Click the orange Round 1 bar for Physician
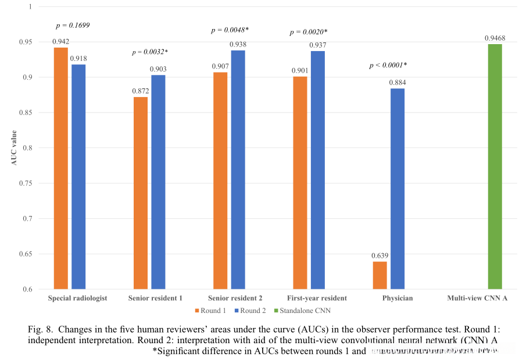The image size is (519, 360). [x=380, y=275]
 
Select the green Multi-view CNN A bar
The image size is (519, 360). [x=495, y=167]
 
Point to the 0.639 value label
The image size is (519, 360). [x=380, y=255]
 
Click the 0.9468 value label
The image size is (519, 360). [x=495, y=38]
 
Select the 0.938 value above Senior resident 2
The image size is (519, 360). [x=238, y=45]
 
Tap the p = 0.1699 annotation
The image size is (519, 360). [x=73, y=26]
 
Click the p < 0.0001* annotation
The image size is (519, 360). [x=388, y=65]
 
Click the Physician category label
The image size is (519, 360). [x=398, y=298]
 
